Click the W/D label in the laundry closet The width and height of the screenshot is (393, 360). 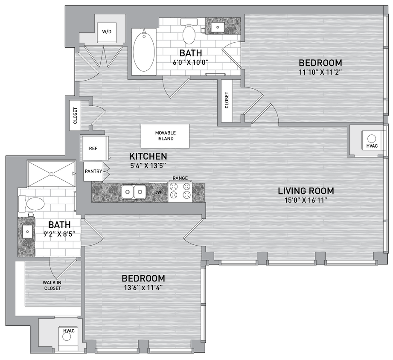click(x=106, y=32)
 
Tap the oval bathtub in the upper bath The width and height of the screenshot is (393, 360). click(x=144, y=51)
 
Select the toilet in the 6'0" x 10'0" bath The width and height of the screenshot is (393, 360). click(x=189, y=34)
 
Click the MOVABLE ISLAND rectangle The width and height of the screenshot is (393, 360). click(x=165, y=136)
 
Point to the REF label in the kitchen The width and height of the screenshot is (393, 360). click(x=93, y=149)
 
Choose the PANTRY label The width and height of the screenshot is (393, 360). click(x=93, y=171)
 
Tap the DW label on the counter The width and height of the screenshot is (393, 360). click(x=158, y=193)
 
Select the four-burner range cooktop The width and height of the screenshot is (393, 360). click(x=180, y=192)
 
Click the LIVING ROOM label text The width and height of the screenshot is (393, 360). click(x=306, y=191)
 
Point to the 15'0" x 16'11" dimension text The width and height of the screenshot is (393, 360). click(x=306, y=200)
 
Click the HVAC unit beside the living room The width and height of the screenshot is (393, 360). click(x=371, y=140)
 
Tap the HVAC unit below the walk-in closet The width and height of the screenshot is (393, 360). click(x=67, y=336)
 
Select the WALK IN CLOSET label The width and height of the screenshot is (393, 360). click(x=52, y=285)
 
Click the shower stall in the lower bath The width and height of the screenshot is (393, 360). click(x=51, y=174)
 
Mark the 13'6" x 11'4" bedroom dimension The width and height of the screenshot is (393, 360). click(x=143, y=287)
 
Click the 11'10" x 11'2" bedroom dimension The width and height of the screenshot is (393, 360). click(x=320, y=72)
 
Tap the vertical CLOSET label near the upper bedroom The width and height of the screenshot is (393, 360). click(x=227, y=101)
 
